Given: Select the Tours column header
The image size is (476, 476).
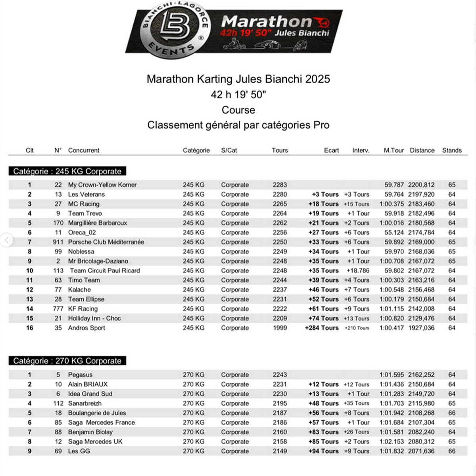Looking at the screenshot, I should pos(280,150).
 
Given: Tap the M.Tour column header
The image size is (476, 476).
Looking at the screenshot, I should pos(393,150).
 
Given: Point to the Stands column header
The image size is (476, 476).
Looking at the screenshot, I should pos(452,150).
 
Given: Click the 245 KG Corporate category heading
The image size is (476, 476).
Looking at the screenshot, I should pos(67,171).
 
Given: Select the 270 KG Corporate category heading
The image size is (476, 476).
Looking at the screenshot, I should pos(67,361).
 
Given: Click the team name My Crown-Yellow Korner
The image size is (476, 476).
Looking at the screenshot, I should pos(102,185).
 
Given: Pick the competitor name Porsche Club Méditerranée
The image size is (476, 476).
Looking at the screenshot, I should pos(106,242).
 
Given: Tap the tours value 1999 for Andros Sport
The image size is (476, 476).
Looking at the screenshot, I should pos(280,328).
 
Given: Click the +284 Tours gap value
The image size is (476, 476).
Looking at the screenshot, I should pos(322,328).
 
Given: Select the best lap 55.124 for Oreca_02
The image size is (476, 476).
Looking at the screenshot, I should pos(394,232).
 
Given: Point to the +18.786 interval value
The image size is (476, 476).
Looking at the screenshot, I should pos(358,271).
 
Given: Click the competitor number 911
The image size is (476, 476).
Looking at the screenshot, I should pos(58,242).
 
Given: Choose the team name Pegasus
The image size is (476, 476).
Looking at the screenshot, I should pos(80,375).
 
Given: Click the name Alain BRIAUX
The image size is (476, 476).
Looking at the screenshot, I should pos(88,384).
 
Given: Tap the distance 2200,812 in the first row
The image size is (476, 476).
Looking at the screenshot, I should pos(421,185).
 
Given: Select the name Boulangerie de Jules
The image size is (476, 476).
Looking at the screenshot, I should pos(97,413).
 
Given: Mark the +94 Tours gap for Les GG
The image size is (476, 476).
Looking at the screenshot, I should pos(323,451).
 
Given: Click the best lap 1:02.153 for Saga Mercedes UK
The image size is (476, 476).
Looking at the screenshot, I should pos(392,441).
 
